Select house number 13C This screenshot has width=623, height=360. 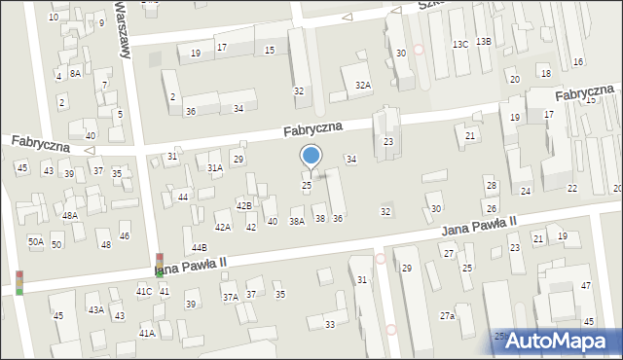point(459,44)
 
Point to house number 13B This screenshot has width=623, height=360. point(484,41)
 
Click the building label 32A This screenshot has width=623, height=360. point(362,86)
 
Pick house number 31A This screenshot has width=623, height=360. point(214,167)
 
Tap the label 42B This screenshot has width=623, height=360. point(244,205)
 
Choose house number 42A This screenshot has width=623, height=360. point(223,227)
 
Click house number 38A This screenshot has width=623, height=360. point(297,221)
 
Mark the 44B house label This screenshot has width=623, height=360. point(199,248)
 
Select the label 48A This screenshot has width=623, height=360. point(70,215)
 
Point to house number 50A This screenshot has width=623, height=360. point(35,241)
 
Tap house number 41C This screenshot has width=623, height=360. point(143,291)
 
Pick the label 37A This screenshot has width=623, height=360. point(230,298)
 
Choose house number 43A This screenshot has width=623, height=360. point(96,309)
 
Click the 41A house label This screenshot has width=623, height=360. point(146,333)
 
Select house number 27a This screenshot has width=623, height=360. point(447,315)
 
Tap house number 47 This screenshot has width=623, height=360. point(586,285)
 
